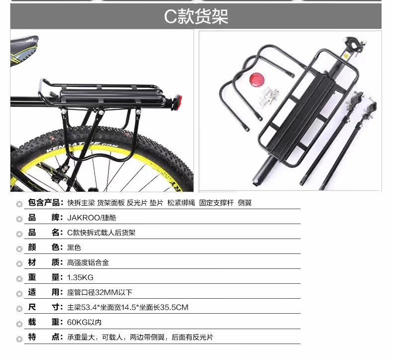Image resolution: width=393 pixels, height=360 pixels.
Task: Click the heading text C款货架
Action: (196, 16)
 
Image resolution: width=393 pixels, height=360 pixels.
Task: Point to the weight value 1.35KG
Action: (80, 277)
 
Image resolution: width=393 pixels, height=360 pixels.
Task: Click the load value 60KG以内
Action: (84, 322)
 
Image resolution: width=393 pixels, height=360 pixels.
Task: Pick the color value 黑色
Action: (74, 247)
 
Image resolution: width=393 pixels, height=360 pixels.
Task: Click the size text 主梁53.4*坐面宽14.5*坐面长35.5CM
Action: (127, 307)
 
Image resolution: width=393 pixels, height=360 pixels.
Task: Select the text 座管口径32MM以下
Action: (99, 292)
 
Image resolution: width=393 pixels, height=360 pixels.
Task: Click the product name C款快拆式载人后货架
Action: (101, 233)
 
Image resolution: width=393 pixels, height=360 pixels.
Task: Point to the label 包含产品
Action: (44, 203)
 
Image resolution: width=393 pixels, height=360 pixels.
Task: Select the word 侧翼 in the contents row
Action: (245, 203)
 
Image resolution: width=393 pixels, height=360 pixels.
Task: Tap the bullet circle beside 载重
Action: (19, 324)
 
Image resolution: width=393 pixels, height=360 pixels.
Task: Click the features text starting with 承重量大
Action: (140, 337)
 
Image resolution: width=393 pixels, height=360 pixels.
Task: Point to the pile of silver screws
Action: (268, 97)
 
